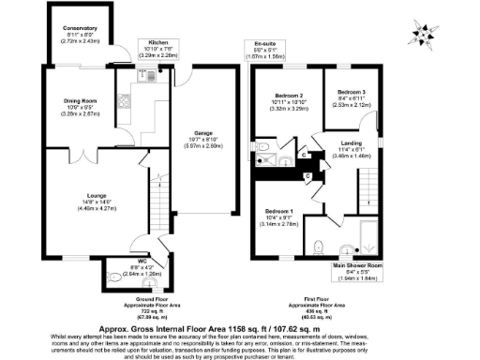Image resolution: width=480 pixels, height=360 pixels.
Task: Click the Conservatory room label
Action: pyautogui.click(x=80, y=28)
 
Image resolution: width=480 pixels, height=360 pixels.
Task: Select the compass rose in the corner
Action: pyautogui.click(x=427, y=34)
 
